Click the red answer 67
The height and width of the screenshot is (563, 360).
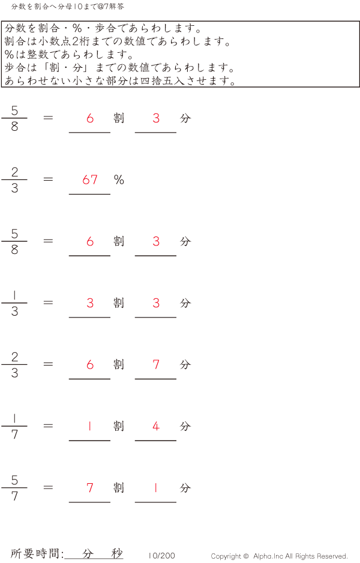point(90,180)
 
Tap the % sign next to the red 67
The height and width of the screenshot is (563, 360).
point(119,180)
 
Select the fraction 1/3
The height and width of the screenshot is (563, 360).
point(14,303)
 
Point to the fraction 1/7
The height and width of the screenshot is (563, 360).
point(14,426)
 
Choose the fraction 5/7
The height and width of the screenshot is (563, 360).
point(14,488)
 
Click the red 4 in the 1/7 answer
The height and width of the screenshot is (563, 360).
point(156,426)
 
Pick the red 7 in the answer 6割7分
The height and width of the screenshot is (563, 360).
point(156,364)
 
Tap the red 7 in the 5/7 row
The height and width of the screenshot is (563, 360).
point(90,488)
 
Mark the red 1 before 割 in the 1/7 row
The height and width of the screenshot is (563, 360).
point(90,426)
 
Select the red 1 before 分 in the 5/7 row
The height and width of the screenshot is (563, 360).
point(156,488)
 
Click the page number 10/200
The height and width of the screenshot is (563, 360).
point(162,556)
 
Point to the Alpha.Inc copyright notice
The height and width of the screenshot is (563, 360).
point(279,556)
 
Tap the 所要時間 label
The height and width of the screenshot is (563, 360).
point(37,553)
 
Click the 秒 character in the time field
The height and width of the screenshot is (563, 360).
point(117,553)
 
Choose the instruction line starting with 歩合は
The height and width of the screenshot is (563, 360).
point(120,68)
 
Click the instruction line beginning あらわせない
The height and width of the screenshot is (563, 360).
point(120,81)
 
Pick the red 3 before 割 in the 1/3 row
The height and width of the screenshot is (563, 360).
point(90,303)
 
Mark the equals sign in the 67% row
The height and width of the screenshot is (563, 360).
point(49,179)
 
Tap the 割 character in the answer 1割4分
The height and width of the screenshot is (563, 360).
point(119,426)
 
